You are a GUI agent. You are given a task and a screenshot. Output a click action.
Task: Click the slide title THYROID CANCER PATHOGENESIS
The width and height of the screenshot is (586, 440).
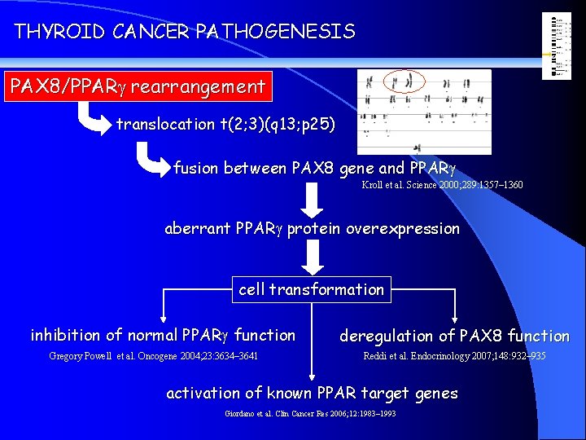click(185, 32)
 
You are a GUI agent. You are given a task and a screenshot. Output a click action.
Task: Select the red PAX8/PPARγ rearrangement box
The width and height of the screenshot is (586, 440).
click(137, 86)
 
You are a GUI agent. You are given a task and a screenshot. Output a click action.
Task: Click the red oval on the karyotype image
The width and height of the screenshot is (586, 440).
click(404, 81)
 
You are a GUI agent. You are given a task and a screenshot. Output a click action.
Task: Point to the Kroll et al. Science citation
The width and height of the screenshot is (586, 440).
click(442, 186)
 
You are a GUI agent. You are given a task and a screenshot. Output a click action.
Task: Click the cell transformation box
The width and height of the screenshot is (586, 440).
click(311, 289)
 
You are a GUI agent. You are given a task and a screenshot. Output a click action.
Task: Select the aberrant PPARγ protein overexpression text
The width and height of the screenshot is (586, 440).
click(312, 229)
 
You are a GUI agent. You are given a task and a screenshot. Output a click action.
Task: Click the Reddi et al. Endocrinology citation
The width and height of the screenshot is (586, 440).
click(454, 356)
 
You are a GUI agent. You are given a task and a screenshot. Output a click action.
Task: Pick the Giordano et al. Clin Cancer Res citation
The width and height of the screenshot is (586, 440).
click(310, 414)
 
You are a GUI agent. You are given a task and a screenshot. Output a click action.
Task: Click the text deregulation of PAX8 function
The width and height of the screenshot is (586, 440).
click(454, 336)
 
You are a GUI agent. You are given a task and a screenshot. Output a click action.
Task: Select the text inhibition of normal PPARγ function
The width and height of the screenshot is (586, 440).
click(163, 335)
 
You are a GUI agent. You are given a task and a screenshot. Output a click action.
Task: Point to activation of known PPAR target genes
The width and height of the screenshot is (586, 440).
click(312, 394)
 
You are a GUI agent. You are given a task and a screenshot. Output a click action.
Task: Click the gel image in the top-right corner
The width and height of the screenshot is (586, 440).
click(558, 46)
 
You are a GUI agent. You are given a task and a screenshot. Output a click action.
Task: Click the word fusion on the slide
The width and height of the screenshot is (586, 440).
click(195, 169)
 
